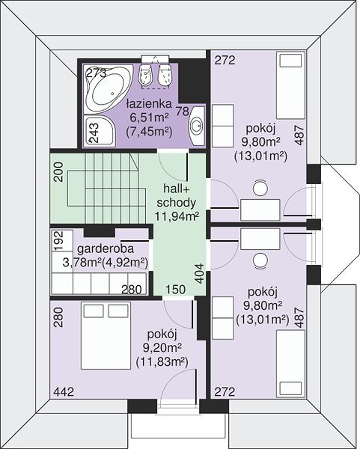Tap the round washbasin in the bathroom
(x=197, y=126)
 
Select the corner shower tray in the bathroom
(x=99, y=131)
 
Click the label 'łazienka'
(x=149, y=104)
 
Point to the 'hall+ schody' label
(x=177, y=195)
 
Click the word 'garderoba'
(x=106, y=248)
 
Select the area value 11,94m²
(x=177, y=216)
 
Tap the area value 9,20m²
(x=162, y=348)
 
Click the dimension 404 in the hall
(x=199, y=273)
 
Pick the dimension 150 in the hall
(x=176, y=290)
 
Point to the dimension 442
(x=64, y=391)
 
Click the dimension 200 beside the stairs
(x=58, y=172)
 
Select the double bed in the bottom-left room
(x=106, y=335)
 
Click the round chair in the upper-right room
(x=260, y=188)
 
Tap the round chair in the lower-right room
(x=260, y=260)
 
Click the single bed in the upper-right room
(x=290, y=85)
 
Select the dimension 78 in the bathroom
(x=182, y=111)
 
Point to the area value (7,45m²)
(x=149, y=132)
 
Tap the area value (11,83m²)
(x=162, y=362)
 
